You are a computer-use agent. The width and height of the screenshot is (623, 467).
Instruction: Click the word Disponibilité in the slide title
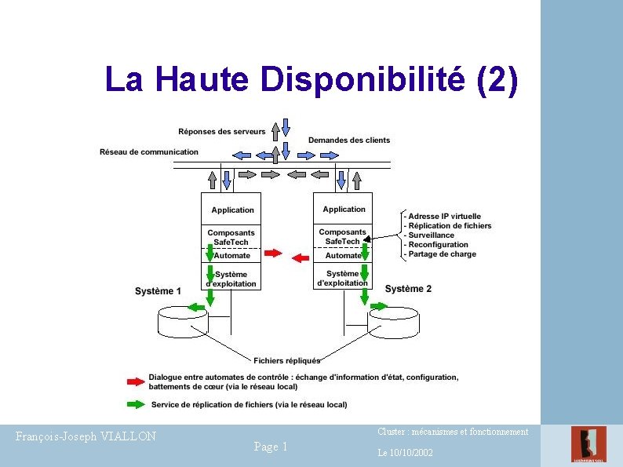(x=363, y=79)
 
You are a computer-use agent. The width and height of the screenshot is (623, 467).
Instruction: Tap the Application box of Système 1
(x=231, y=209)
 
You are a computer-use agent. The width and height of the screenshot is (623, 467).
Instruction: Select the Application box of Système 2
(x=343, y=209)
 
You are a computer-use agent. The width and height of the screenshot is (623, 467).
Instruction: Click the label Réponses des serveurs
(x=222, y=132)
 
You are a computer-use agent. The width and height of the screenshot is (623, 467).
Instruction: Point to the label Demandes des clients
(x=349, y=140)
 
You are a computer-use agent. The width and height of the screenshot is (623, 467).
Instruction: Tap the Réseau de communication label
(x=149, y=151)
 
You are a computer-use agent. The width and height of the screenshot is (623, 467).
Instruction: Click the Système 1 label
(x=158, y=291)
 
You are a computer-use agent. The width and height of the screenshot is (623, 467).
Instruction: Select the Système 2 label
(x=408, y=289)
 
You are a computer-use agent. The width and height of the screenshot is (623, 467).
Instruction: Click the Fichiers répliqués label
(x=287, y=360)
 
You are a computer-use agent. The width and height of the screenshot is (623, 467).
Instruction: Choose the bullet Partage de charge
(x=440, y=254)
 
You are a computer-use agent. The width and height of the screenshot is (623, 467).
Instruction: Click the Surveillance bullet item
(x=428, y=235)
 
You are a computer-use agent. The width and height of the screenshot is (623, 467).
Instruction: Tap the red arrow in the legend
(x=136, y=381)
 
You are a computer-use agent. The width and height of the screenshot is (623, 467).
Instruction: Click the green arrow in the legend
(x=136, y=404)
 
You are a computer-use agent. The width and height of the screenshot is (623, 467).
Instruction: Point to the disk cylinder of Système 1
(x=183, y=322)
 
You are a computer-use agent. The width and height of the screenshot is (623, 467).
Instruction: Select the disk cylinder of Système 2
(x=393, y=323)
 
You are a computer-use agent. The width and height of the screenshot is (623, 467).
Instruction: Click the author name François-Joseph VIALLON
(x=86, y=436)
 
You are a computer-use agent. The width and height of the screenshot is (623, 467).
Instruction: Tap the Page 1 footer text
(x=271, y=447)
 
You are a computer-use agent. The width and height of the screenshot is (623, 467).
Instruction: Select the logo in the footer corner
(x=588, y=444)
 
